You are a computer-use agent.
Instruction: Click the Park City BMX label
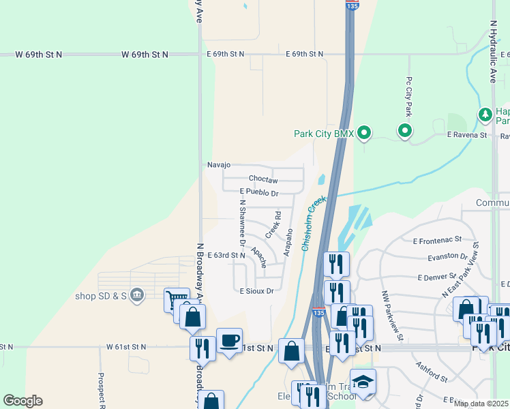click(x=324, y=134)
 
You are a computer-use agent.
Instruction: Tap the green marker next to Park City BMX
click(x=364, y=133)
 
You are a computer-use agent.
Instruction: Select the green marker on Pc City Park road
click(x=405, y=130)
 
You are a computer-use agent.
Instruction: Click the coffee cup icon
click(x=229, y=340)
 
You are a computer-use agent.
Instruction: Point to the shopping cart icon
click(x=177, y=299)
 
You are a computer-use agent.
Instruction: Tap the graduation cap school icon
click(x=363, y=382)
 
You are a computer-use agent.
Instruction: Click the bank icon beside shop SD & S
click(x=136, y=295)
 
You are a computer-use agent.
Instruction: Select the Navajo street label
click(x=219, y=165)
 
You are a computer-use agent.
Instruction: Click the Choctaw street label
click(x=263, y=180)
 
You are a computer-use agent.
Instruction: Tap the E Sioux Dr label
click(x=256, y=291)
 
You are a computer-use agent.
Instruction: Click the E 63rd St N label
click(x=226, y=255)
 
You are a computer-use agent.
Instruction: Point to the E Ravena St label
click(x=467, y=135)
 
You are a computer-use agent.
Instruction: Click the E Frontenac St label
click(x=437, y=240)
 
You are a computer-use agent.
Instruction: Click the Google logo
click(x=22, y=401)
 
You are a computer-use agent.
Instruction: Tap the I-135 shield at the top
click(x=350, y=5)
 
